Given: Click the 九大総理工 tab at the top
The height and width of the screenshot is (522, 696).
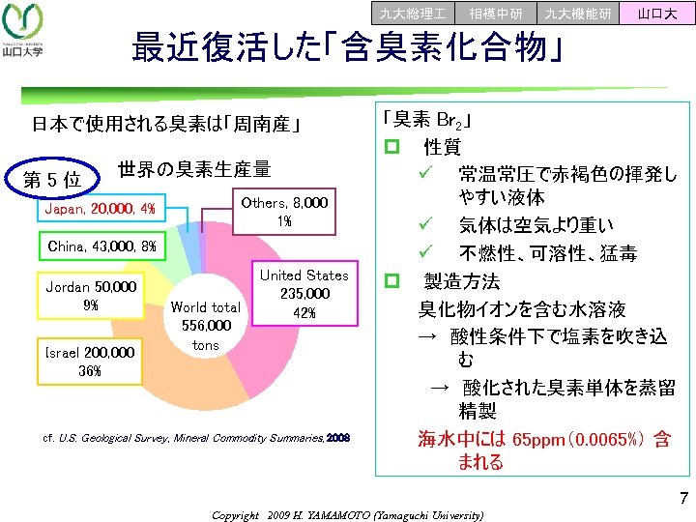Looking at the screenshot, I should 413,13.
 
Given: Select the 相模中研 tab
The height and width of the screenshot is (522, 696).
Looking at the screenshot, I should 496,13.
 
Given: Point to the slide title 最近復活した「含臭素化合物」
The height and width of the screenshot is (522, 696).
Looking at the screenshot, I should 348,46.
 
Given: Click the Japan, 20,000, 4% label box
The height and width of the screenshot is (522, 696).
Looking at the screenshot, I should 101,210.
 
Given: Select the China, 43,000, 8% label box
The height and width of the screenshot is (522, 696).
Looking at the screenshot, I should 101,246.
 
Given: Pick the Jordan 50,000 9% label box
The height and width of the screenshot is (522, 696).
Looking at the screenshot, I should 92,296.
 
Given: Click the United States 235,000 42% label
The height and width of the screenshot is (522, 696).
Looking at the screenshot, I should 305,294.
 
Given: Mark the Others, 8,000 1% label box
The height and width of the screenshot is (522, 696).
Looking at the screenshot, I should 284,212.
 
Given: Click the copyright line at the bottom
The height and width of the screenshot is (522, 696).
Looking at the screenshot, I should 347,515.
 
